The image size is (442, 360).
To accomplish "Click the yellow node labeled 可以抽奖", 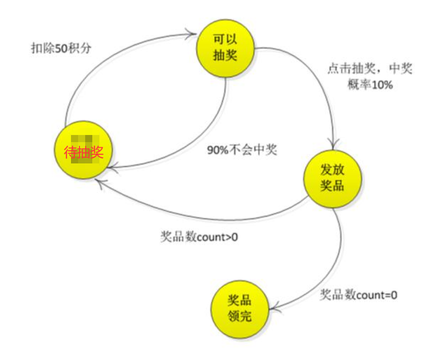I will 225,47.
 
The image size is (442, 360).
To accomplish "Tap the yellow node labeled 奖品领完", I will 239,308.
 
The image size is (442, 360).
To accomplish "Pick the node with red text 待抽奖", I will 83,151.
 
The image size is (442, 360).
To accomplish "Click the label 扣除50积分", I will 61,48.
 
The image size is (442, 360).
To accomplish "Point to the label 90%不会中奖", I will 242,151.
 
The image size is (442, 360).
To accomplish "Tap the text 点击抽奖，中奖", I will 369,69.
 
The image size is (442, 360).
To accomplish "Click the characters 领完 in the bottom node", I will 239,316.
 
